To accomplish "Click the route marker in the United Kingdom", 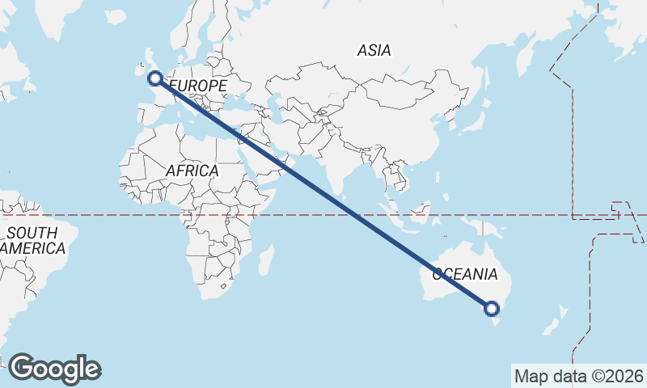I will tap(155, 78).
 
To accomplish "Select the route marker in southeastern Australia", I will tap(492, 308).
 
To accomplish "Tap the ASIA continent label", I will tap(374, 50).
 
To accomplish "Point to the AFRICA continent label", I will tap(192, 171).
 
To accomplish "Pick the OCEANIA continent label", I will tap(464, 274).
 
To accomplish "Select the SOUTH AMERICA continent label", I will tap(32, 241).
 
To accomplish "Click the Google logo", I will tap(54, 369).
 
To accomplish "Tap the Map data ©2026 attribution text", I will tap(579, 376).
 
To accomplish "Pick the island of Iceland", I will tap(114, 16).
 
